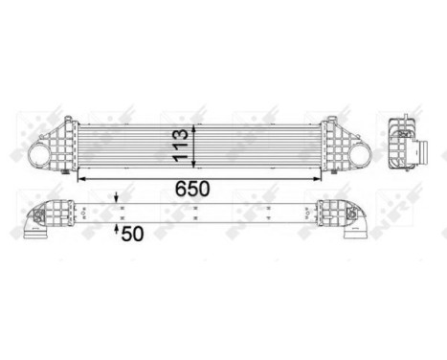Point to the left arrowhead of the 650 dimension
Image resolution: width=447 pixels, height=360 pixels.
[79, 178]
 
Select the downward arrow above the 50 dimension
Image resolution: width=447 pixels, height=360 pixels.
[118, 198]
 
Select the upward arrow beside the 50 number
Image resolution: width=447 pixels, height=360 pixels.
[118, 229]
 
